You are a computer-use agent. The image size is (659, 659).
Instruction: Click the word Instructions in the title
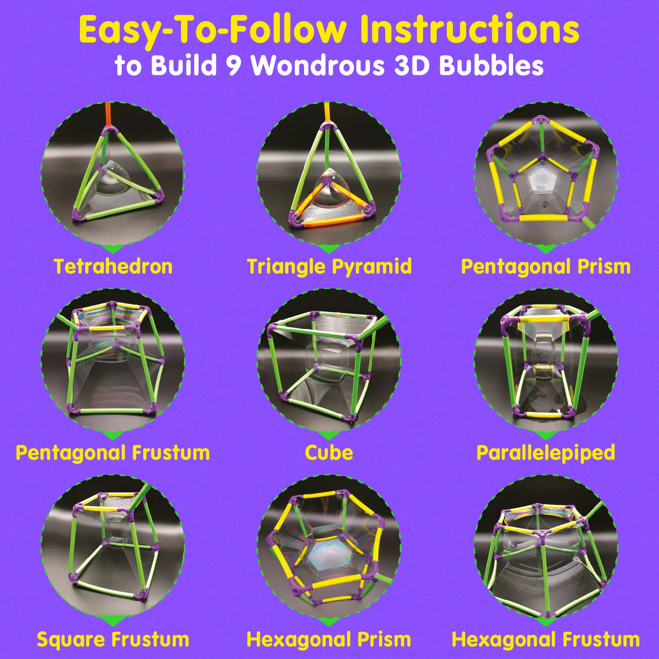(470, 30)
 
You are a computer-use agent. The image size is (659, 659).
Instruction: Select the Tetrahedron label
(113, 267)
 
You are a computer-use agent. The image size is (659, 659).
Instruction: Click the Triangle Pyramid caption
(329, 267)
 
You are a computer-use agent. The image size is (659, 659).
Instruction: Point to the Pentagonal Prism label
(546, 267)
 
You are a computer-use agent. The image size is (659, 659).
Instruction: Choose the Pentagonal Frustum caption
(113, 453)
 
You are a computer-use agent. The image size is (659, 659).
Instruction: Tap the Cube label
(329, 453)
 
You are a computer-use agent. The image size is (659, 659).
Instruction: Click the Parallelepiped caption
(546, 453)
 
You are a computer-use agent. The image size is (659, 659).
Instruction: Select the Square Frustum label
(113, 639)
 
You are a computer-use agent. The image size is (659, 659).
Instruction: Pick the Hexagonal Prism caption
(329, 639)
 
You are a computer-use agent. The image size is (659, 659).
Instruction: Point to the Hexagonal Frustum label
(546, 639)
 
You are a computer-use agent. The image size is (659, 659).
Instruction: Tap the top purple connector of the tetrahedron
(110, 130)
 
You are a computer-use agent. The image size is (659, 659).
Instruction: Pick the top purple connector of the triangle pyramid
(327, 126)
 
